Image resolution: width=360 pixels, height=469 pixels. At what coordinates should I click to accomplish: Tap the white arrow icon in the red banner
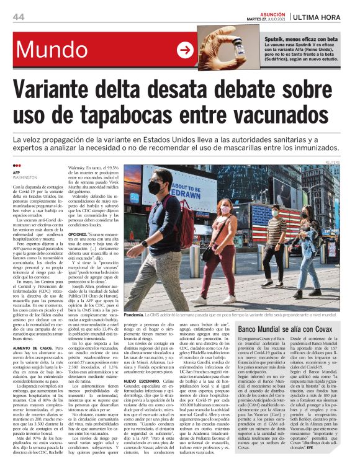point(186,50)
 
